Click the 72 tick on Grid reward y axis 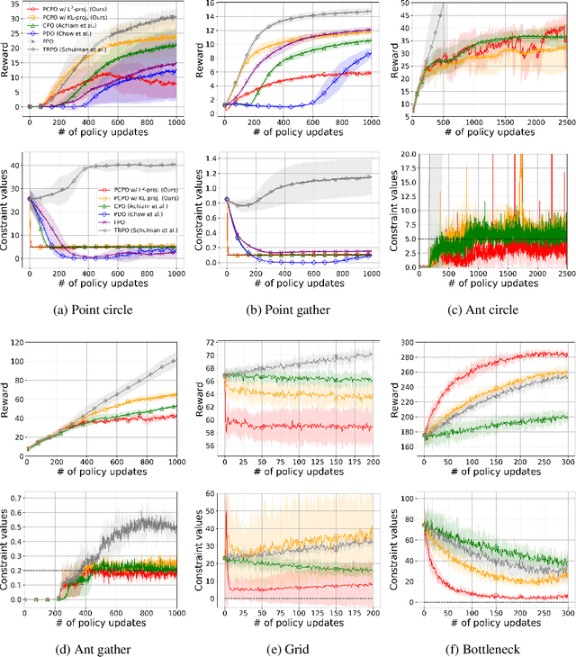tap(211, 344)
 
